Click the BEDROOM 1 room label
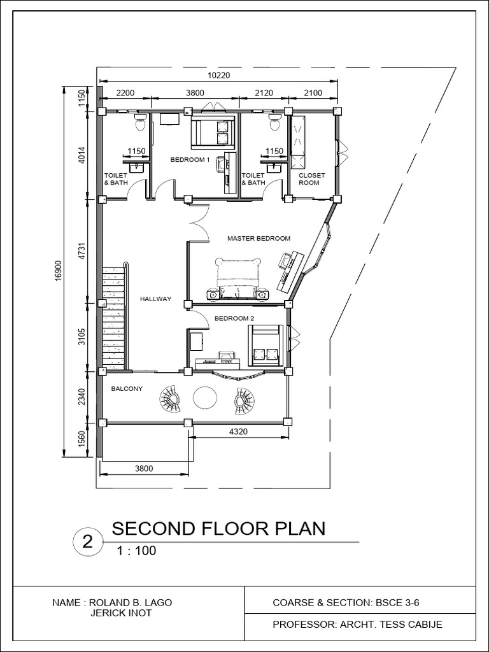tap(190, 160)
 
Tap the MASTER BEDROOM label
tap(259, 239)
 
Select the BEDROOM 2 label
tap(234, 318)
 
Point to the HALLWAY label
tap(155, 299)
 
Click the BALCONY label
tap(127, 388)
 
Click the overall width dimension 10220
tap(218, 75)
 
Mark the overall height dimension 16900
tap(58, 270)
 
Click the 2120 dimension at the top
tap(263, 93)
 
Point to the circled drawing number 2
tap(87, 542)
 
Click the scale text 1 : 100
tap(136, 551)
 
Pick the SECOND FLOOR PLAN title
tap(218, 529)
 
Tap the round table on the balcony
tap(206, 398)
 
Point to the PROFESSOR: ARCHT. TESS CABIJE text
tap(357, 625)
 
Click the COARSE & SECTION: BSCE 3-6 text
tap(346, 602)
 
